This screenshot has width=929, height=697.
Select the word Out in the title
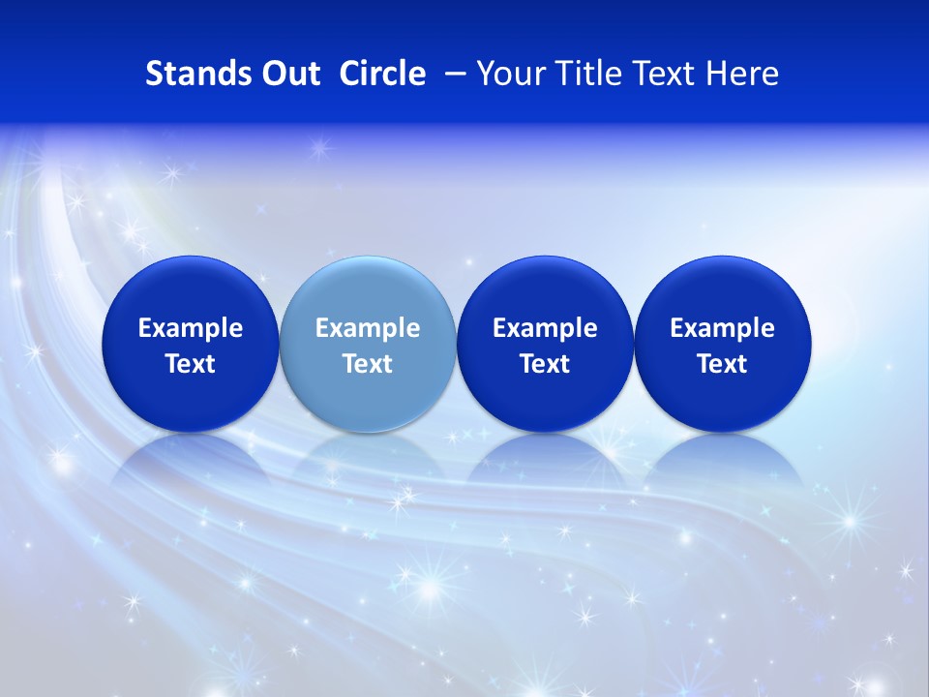click(289, 74)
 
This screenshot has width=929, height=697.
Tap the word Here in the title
click(741, 74)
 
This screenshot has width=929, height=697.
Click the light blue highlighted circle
click(368, 290)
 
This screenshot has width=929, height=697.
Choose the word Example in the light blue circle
click(368, 328)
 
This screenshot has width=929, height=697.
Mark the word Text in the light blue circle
click(368, 364)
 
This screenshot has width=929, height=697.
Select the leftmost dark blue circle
click(190, 290)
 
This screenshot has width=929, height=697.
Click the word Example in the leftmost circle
click(190, 328)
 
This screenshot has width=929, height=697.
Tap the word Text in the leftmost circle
click(190, 364)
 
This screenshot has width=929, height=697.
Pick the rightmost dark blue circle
click(723, 290)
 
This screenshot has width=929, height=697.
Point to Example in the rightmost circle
click(723, 328)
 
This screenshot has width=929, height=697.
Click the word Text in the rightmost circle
click(723, 364)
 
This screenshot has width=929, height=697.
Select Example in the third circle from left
click(545, 328)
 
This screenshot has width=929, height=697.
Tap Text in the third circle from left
click(545, 364)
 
